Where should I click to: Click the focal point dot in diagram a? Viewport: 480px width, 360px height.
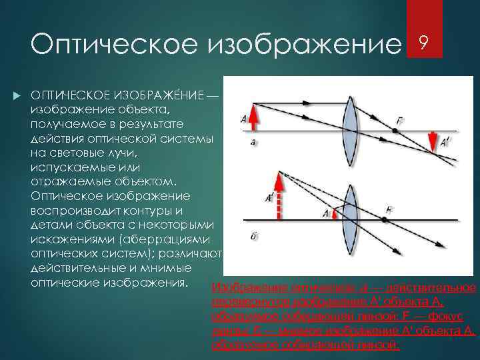(395, 131)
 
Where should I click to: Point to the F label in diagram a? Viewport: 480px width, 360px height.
(399, 120)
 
